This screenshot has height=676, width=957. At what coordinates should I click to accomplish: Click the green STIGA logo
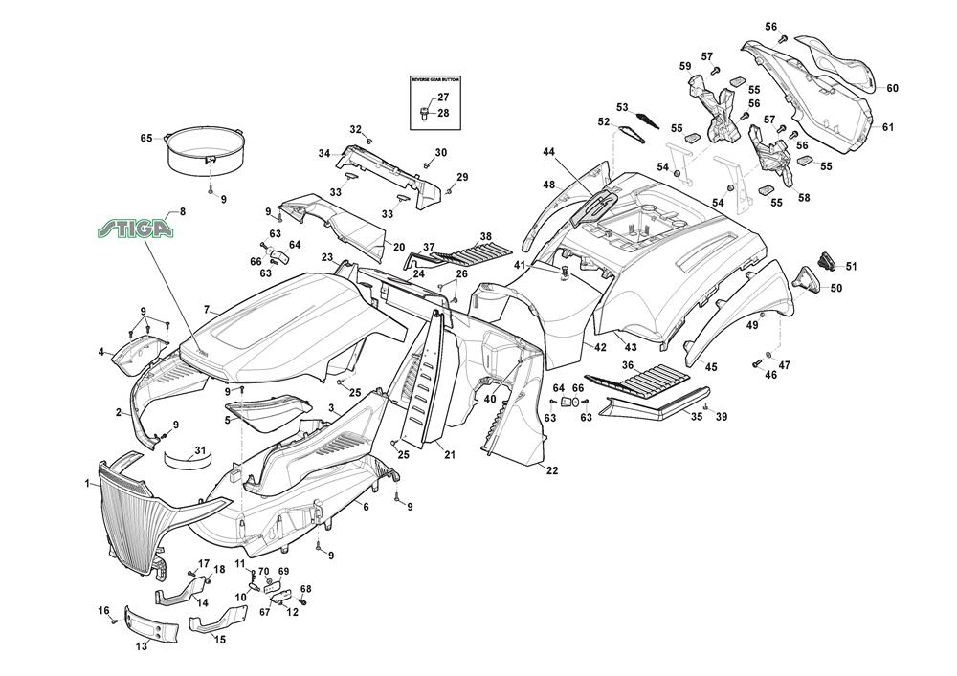(137, 229)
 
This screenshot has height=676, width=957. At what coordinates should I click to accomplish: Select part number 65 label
(146, 139)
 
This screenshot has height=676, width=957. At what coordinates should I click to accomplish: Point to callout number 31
(200, 450)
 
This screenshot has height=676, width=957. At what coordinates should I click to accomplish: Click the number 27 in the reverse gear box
(443, 98)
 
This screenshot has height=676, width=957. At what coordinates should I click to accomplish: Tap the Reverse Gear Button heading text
(435, 81)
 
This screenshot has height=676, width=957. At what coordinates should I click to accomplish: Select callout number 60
(892, 89)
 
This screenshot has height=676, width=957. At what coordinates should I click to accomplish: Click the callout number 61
(888, 128)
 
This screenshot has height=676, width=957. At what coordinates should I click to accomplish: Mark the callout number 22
(552, 470)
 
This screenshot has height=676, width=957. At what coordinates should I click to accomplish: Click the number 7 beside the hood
(206, 310)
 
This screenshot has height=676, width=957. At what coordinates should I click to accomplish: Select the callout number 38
(486, 236)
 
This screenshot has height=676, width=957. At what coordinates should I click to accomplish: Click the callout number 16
(103, 609)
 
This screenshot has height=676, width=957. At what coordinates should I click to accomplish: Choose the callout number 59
(685, 66)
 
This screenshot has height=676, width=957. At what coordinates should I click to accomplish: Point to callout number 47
(785, 365)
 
